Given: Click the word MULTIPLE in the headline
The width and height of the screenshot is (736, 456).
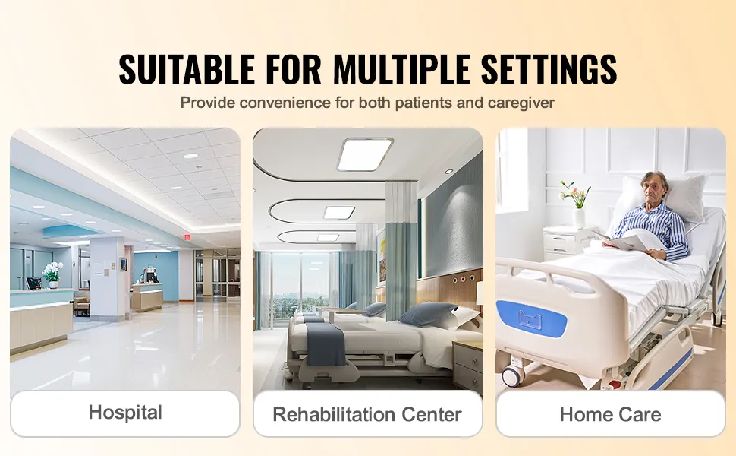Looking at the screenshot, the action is click(401, 68).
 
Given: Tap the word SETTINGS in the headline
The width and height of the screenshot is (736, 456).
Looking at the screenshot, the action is click(549, 68).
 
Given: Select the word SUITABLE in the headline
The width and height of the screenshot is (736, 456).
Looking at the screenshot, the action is click(187, 68).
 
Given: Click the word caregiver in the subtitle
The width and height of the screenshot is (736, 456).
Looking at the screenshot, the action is click(521, 103).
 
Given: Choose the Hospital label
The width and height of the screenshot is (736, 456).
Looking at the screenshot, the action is click(125, 412).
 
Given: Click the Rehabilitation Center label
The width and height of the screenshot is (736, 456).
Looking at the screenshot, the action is click(367, 414).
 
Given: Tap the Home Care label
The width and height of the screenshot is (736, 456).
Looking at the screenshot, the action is click(610, 414).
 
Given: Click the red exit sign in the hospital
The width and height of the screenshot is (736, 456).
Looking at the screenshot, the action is click(187, 237).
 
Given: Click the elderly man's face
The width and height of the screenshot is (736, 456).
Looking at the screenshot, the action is click(653, 187).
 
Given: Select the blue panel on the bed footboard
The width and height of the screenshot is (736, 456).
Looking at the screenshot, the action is click(531, 318).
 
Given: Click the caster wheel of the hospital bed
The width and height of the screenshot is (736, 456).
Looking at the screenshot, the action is click(513, 375).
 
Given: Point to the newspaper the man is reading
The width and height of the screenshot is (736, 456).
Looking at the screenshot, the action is click(624, 241).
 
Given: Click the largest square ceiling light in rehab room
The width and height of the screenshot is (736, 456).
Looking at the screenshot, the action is click(365, 154).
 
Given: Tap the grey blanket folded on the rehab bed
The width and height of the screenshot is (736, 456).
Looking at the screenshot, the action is click(326, 344).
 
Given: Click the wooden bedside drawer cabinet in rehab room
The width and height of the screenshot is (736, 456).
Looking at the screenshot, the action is click(468, 366).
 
